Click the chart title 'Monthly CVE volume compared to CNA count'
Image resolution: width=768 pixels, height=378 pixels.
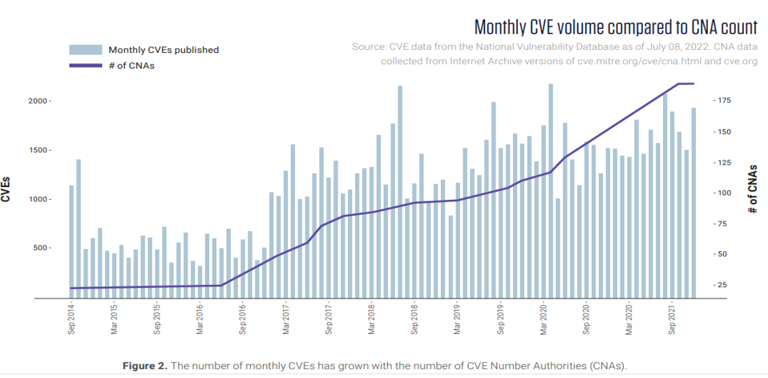pos(616,26)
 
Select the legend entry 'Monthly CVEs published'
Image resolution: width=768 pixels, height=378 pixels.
pos(163,50)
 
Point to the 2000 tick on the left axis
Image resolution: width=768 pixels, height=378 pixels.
pos(38,101)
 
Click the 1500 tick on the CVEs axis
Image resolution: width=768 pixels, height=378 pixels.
pos(38,150)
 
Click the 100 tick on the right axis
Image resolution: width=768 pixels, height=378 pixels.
pos(723,193)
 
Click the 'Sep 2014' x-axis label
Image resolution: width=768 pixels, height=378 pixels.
pos(71,315)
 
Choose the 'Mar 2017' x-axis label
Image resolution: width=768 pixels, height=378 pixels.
pos(286,315)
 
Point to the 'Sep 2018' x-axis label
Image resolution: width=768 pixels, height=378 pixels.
pos(414,315)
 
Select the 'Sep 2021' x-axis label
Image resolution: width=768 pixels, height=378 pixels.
pos(672,315)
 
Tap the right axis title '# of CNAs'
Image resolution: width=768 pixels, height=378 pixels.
pos(754,190)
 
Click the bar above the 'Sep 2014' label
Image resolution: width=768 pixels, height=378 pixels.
pos(71,242)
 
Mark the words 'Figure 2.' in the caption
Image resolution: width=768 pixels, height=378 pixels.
pos(144,367)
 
